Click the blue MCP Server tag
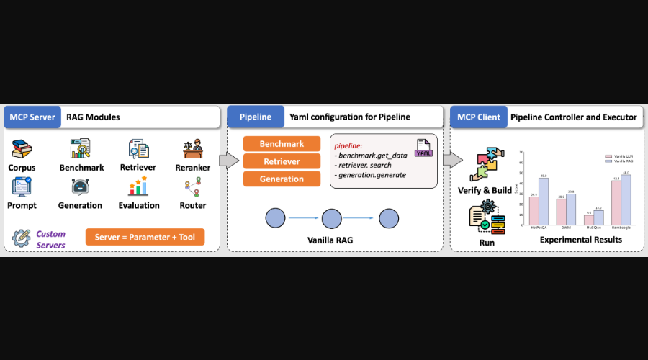pyautogui.click(x=32, y=117)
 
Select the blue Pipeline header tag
pyautogui.click(x=255, y=117)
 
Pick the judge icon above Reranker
pyautogui.click(x=192, y=149)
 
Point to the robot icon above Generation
pyautogui.click(x=80, y=186)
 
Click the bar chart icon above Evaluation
pyautogui.click(x=138, y=186)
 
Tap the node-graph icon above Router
pyautogui.click(x=192, y=186)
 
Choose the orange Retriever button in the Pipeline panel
pyautogui.click(x=282, y=161)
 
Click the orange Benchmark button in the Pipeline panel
pyautogui.click(x=282, y=144)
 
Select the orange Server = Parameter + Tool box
pyautogui.click(x=145, y=237)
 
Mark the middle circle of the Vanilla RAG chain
pyautogui.click(x=330, y=217)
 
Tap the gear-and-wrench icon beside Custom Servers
pyautogui.click(x=22, y=237)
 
